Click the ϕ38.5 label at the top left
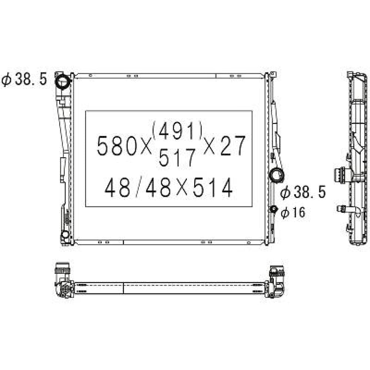point(24,79)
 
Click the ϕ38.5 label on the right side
point(302,192)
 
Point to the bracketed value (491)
point(177,129)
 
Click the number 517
point(176,159)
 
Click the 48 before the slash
point(118,188)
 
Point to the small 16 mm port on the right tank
point(274,209)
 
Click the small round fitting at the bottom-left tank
point(65,234)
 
